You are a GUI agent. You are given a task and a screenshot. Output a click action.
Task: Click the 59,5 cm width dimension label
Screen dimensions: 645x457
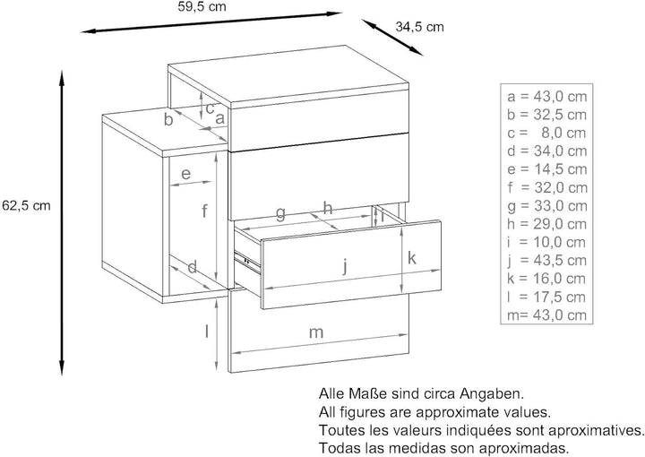pyautogui.click(x=202, y=7)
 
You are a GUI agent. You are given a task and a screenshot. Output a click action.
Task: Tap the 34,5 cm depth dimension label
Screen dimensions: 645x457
pyautogui.click(x=419, y=27)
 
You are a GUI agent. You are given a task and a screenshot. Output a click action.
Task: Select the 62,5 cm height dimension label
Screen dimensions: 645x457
pyautogui.click(x=26, y=205)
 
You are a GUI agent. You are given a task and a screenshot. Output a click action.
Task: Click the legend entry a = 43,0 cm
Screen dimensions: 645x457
pyautogui.click(x=546, y=96)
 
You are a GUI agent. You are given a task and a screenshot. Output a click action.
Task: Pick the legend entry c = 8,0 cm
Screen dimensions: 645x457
pyautogui.click(x=546, y=133)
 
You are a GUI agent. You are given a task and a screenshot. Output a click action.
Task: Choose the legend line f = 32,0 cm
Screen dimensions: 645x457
pyautogui.click(x=546, y=187)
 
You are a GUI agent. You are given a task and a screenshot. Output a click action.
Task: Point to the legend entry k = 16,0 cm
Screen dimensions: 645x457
pyautogui.click(x=546, y=279)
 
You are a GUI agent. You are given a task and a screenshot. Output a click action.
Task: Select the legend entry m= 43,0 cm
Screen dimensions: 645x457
pyautogui.click(x=546, y=315)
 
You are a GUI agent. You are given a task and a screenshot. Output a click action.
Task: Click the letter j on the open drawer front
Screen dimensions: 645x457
pyautogui.click(x=346, y=265)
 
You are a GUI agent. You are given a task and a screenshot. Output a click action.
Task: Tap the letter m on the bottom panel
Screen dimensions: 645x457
pyautogui.click(x=316, y=332)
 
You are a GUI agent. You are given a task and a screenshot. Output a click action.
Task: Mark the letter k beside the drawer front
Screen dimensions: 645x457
pyautogui.click(x=412, y=258)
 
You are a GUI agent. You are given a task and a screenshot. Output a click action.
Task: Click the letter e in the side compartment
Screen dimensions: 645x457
pyautogui.click(x=185, y=174)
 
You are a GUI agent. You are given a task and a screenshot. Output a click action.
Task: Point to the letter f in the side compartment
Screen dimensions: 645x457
pyautogui.click(x=204, y=211)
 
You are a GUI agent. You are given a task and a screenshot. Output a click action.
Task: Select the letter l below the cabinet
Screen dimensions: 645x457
pyautogui.click(x=207, y=332)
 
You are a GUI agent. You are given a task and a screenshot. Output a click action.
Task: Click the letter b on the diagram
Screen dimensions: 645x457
pyautogui.click(x=168, y=119)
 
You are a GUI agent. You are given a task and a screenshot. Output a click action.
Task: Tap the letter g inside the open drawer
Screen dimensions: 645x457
pyautogui.click(x=280, y=213)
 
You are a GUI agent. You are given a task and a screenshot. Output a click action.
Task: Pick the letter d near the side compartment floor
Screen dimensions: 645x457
pyautogui.click(x=192, y=267)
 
